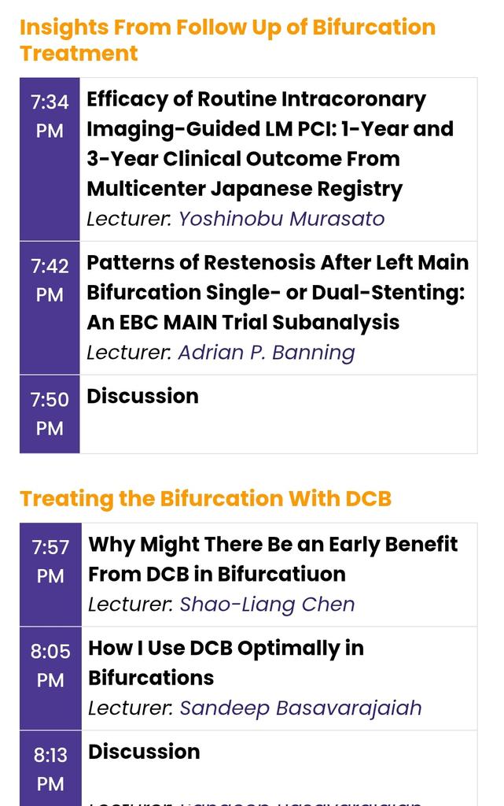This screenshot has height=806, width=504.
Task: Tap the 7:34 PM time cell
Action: click(x=50, y=116)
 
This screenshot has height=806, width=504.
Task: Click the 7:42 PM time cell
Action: click(x=50, y=280)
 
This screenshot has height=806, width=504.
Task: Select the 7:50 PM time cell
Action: click(x=50, y=414)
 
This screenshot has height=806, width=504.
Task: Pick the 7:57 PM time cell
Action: click(x=50, y=560)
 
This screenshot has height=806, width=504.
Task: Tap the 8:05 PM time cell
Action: click(x=50, y=665)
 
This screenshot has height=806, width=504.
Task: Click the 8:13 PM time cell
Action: click(x=50, y=769)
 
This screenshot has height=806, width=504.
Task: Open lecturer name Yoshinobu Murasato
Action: click(x=281, y=218)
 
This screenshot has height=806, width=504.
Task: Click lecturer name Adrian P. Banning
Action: click(x=267, y=352)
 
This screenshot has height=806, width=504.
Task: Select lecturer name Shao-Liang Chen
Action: click(x=267, y=604)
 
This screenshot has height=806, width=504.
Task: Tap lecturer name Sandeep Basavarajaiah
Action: click(x=300, y=708)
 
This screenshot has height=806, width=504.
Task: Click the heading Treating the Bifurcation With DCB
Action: click(x=205, y=498)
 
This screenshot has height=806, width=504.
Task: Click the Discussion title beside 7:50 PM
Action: click(x=142, y=396)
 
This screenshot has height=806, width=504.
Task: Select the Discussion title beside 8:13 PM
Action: click(x=144, y=752)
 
